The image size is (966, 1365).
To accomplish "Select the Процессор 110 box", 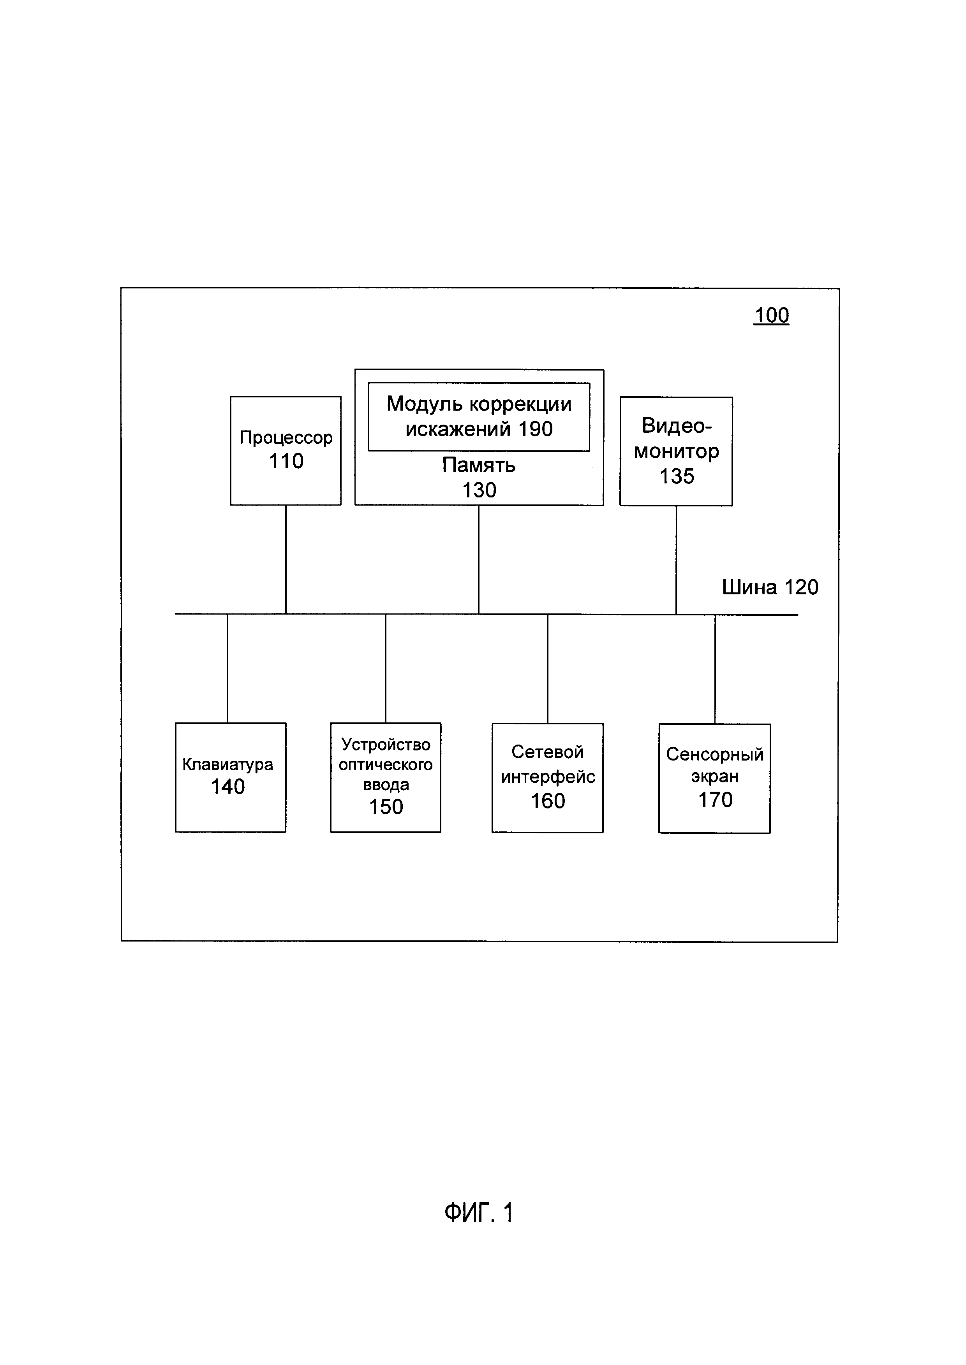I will [286, 451].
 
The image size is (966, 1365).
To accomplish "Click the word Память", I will [479, 465].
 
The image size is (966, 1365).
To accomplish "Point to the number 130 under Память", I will [479, 490].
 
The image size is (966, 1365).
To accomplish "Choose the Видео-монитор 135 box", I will [676, 451].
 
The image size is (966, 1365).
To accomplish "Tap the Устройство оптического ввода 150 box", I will [386, 777].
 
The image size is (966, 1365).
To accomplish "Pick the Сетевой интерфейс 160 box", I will [547, 777].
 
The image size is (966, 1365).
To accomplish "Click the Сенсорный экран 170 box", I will [714, 778].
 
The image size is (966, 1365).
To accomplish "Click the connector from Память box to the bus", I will [479, 559].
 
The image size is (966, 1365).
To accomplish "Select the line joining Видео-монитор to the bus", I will [676, 559].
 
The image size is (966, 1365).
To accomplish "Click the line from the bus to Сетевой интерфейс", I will [548, 668].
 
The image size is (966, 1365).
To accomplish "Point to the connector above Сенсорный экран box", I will [715, 669].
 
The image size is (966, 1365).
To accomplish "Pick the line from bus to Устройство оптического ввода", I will [386, 668].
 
